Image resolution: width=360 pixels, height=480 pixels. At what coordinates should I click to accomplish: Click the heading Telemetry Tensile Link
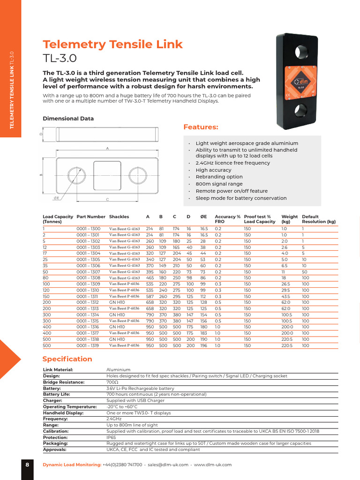(x=112, y=45)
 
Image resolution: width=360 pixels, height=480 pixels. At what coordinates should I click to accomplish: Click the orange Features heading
(x=201, y=127)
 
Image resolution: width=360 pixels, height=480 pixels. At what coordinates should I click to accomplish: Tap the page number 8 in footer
(x=27, y=465)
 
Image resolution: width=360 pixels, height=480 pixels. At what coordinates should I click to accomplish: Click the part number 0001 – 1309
(x=88, y=284)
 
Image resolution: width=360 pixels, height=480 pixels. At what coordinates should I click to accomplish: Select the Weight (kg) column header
(x=290, y=219)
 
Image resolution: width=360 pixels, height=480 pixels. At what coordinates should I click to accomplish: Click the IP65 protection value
(x=112, y=437)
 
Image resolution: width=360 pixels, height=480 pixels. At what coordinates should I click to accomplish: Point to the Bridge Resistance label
(x=64, y=382)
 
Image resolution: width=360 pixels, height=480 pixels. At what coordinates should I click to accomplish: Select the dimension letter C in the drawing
(x=107, y=200)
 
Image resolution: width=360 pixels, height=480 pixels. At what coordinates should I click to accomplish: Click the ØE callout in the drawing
(x=57, y=198)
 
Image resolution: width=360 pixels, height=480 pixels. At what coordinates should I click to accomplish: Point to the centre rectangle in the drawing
(x=107, y=175)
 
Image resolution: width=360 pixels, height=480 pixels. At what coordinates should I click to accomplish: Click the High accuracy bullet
(x=213, y=170)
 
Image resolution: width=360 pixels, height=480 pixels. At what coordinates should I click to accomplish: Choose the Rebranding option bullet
(x=219, y=177)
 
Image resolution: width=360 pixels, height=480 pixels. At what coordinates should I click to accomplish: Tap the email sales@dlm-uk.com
(x=168, y=465)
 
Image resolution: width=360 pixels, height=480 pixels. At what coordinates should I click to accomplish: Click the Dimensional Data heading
(x=68, y=119)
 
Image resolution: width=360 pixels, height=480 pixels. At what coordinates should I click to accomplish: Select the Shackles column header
(x=119, y=217)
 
